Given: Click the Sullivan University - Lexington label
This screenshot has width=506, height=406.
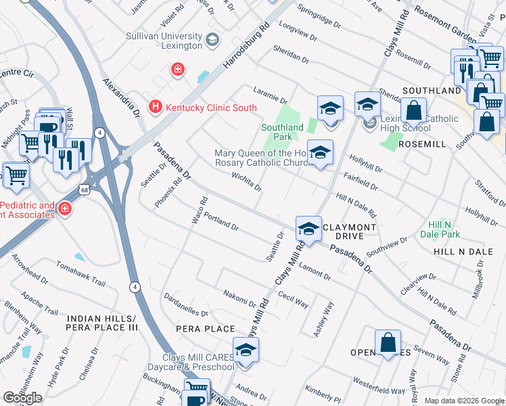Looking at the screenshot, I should [x=164, y=41].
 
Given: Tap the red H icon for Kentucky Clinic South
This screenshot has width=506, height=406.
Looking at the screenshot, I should [x=156, y=107].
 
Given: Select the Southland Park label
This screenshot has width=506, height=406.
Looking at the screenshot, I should [x=282, y=131].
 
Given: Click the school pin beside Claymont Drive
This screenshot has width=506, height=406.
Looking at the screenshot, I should [x=308, y=229].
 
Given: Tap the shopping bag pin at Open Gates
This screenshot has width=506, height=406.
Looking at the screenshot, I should [x=388, y=342].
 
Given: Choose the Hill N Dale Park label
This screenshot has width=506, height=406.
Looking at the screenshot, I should [x=444, y=229].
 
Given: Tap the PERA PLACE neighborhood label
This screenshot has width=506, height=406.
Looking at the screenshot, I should [x=195, y=328].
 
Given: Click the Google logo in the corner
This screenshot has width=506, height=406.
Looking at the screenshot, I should [x=22, y=398].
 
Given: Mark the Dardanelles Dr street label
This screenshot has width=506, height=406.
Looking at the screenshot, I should [x=185, y=305].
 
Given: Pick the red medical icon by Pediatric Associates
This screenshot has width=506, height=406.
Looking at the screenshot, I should [x=65, y=209].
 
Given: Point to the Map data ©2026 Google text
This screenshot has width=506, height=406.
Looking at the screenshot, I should [x=464, y=401].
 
